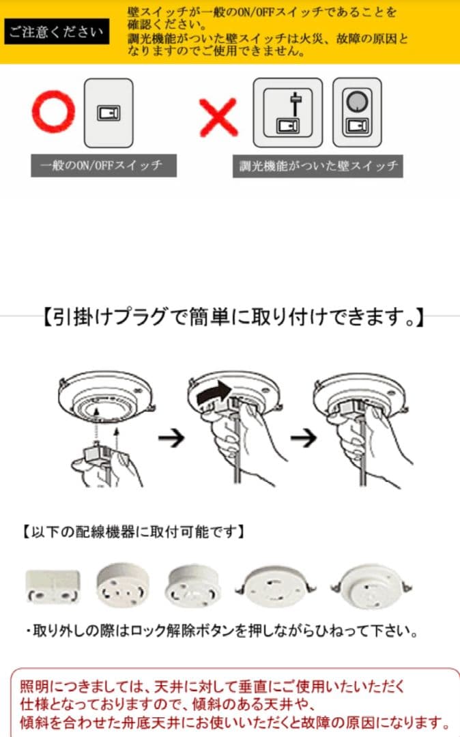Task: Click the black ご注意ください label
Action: tap(57, 31)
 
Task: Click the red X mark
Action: tap(218, 117)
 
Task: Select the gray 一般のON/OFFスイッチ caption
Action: tap(104, 165)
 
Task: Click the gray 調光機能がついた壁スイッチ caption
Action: tap(317, 166)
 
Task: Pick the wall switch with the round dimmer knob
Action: tap(357, 113)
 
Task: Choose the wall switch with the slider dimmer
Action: tap(288, 113)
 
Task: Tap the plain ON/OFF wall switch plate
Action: tap(109, 113)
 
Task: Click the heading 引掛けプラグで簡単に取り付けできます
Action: tap(233, 317)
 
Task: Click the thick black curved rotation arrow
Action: tap(214, 392)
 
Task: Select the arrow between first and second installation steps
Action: tap(171, 439)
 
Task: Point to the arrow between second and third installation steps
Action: tap(304, 439)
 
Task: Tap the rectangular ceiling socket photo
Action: tap(53, 586)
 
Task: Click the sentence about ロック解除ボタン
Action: tap(222, 631)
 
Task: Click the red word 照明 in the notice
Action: tap(34, 687)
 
